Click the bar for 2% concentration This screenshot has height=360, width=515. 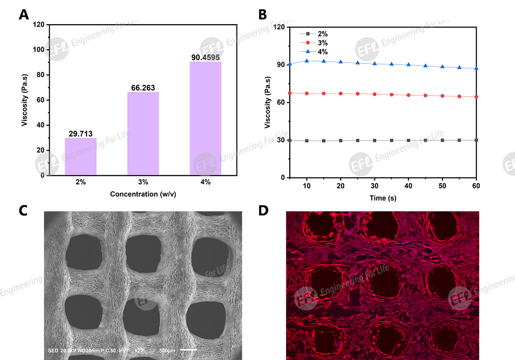pos(80,156)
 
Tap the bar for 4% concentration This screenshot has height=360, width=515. pos(205,118)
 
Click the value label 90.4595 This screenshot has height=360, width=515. pos(205,57)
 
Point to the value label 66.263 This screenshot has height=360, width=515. pos(143,88)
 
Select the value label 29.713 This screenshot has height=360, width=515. pos(80,134)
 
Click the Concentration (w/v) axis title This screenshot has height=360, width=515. pos(142,194)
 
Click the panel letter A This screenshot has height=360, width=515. pos(24,14)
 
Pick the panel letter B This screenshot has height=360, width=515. pos(263,14)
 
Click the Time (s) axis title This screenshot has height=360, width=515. pos(383,198)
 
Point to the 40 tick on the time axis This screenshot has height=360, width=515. pos(408,186)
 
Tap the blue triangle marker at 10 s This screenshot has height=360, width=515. pos(307,61)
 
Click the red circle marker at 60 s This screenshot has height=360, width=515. pos(476,97)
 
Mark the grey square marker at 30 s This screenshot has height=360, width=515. pos(374,140)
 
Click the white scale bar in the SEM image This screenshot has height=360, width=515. pos(188,351)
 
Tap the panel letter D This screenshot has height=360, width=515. pos(263,211)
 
